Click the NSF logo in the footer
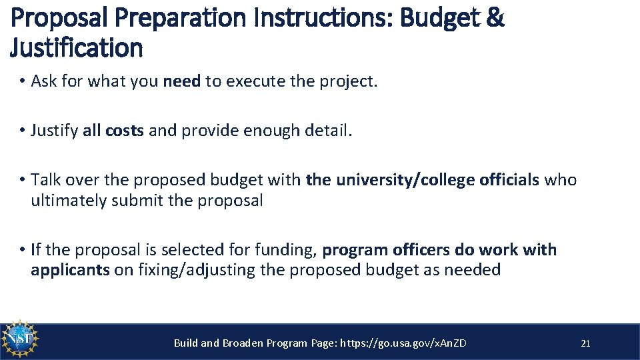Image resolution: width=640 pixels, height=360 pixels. click(21, 341)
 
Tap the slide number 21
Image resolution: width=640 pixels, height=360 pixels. click(585, 343)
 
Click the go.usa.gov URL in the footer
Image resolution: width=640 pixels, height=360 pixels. click(403, 343)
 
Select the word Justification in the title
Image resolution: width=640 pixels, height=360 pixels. click(77, 49)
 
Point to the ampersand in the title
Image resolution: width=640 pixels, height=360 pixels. click(495, 19)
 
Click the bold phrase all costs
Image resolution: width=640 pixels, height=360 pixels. click(113, 131)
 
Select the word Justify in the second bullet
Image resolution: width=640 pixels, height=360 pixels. click(55, 131)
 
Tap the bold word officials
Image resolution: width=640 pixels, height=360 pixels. click(509, 180)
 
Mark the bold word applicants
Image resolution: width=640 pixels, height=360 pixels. click(70, 270)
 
